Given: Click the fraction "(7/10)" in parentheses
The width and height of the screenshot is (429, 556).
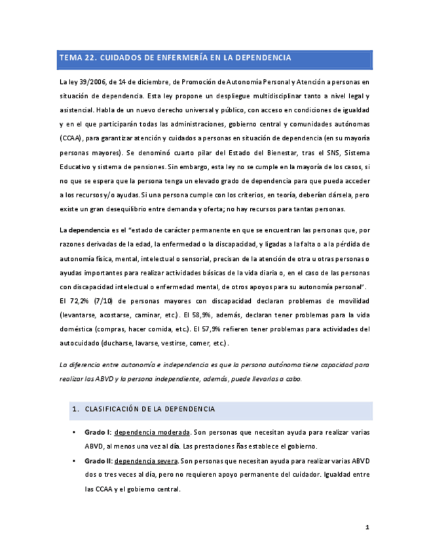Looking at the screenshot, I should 109,302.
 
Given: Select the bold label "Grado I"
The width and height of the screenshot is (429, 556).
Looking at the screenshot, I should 96,433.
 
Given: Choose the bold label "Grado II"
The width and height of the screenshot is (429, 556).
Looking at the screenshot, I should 98,461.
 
